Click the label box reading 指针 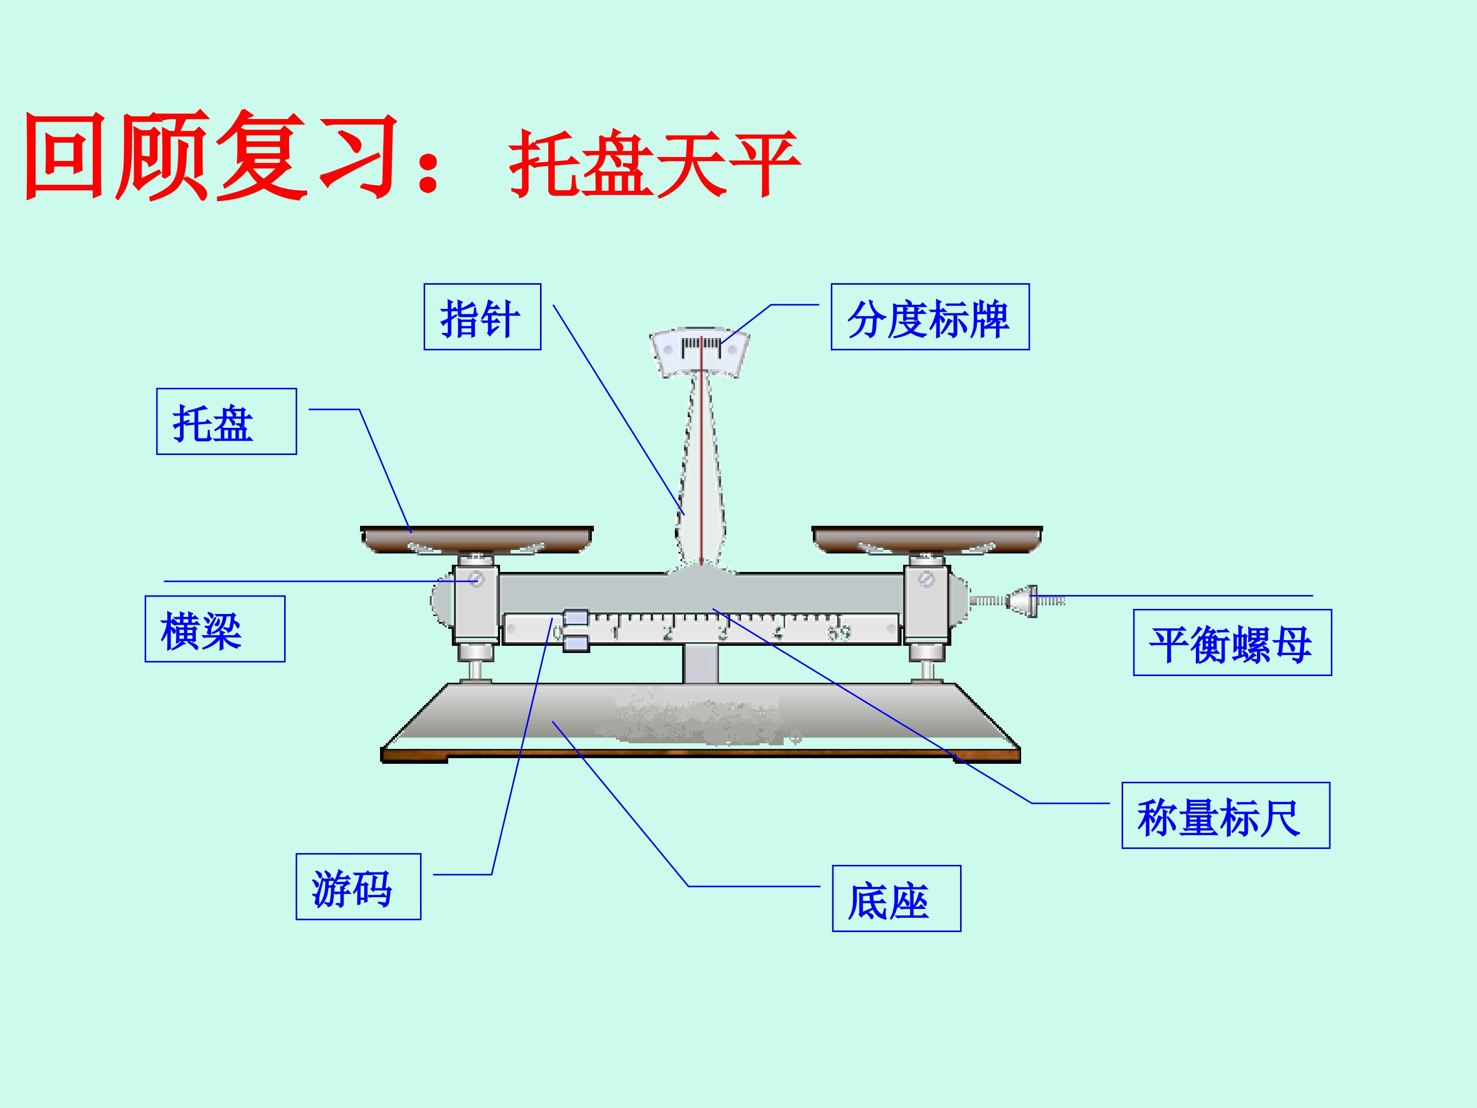point(482,316)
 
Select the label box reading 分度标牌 point(930,316)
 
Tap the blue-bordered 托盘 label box point(226,422)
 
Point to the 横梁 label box point(215,628)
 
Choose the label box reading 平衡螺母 point(1232,643)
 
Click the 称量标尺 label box point(1226,816)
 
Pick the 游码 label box point(358,886)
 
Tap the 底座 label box point(896,898)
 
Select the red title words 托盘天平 point(654,163)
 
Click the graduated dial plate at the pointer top point(700,351)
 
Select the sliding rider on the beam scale point(575,630)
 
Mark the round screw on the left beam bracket point(476,579)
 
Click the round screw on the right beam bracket point(926,579)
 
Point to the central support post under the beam point(700,663)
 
